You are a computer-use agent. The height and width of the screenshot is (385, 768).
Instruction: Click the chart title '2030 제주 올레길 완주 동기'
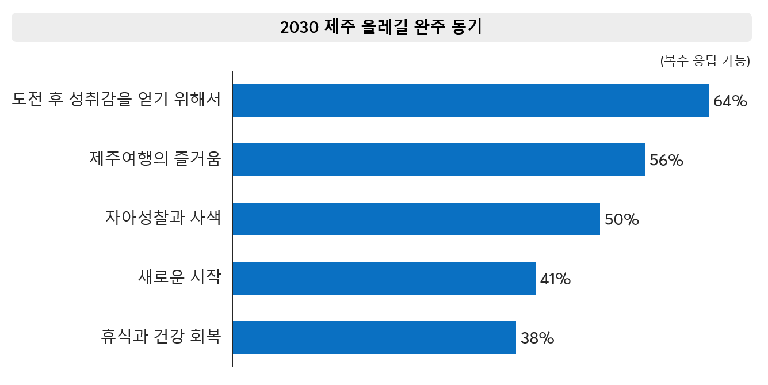(x=381, y=27)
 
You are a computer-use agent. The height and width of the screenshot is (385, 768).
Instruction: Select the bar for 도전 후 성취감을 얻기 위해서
(x=470, y=101)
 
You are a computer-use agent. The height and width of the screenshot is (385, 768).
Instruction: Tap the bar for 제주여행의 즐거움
(x=438, y=160)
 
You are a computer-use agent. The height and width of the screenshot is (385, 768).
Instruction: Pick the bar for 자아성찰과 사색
(x=416, y=219)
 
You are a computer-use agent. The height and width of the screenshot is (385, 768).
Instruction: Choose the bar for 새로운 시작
(x=384, y=279)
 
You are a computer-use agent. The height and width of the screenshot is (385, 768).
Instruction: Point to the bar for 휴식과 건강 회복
(x=374, y=338)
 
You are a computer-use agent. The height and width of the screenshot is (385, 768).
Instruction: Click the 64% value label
(x=729, y=101)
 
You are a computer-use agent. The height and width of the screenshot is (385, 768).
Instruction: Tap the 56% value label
(x=666, y=161)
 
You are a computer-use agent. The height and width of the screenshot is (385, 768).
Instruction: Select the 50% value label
(x=622, y=220)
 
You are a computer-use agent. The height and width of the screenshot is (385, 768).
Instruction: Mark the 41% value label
(x=555, y=279)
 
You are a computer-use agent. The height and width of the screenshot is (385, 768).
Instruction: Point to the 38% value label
(x=537, y=338)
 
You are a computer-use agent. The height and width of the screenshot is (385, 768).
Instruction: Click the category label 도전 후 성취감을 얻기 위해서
(x=117, y=100)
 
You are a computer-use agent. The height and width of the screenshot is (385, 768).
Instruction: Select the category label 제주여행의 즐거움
(x=155, y=159)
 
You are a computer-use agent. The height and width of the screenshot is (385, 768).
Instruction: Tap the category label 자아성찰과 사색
(x=163, y=218)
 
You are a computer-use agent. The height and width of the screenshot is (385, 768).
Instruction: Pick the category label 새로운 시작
(x=179, y=277)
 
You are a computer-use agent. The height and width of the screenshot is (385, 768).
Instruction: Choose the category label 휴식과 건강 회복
(x=161, y=337)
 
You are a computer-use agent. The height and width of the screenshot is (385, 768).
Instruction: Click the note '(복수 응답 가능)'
(x=705, y=61)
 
